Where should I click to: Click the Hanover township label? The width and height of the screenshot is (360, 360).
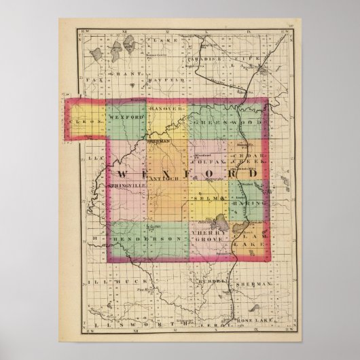pyautogui.click(x=166, y=109)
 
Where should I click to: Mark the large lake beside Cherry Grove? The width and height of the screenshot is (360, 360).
pyautogui.click(x=221, y=222)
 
